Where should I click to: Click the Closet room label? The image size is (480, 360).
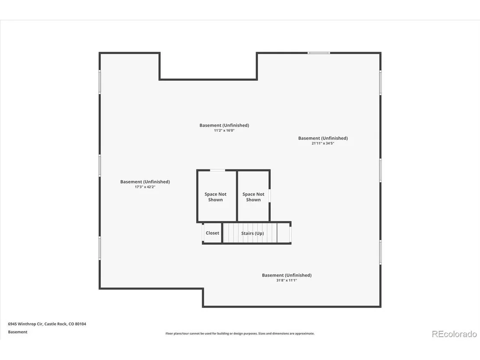212,233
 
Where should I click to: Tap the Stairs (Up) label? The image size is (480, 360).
253,233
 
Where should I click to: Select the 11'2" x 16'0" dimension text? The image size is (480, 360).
224,130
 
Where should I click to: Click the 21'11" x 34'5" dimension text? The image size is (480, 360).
323,143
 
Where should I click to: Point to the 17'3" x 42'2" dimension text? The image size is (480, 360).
145,187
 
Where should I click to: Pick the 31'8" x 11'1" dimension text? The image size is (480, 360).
286,280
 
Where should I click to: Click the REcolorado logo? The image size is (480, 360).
454,334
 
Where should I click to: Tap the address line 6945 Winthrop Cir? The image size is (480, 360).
47,324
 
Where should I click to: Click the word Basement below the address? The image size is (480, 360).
18,332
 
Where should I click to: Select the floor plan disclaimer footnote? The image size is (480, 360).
240,334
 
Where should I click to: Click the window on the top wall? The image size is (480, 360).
319,53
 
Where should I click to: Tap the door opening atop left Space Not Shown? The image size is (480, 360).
217,170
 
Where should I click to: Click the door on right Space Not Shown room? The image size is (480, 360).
270,195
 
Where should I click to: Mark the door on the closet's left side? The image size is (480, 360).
203,233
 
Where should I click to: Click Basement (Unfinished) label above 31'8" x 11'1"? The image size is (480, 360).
286,275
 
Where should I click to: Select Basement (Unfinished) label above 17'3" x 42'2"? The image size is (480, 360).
145,182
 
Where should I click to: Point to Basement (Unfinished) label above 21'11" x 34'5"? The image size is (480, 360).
323,138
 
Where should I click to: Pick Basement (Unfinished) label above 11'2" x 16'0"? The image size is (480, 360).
224,125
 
